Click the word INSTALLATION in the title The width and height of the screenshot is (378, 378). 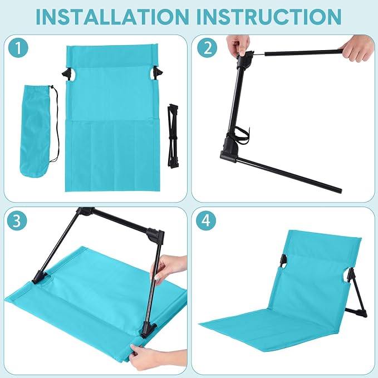tap(112, 17)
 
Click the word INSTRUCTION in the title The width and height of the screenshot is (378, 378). tap(269, 17)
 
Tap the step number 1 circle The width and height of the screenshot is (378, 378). tap(18, 48)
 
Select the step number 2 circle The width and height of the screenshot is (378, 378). tap(207, 48)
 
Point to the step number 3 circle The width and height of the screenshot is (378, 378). tap(17, 220)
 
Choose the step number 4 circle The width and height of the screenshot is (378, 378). tap(206, 220)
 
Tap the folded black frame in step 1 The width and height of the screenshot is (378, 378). tap(173, 136)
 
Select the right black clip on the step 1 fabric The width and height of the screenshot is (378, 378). tap(156, 73)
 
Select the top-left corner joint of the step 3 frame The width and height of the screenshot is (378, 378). tap(84, 213)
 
